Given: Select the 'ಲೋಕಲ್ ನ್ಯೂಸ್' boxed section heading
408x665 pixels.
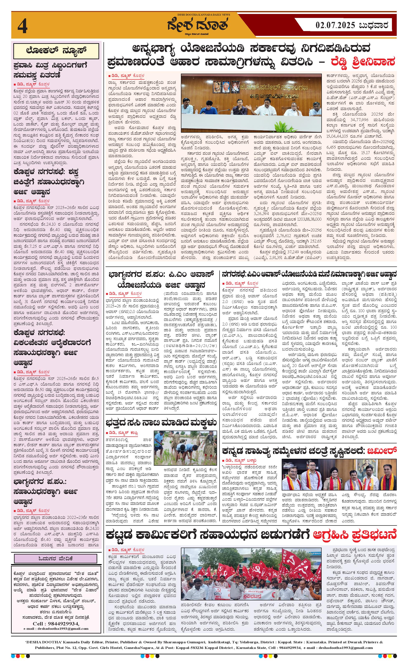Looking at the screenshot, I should click(x=56, y=51).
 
